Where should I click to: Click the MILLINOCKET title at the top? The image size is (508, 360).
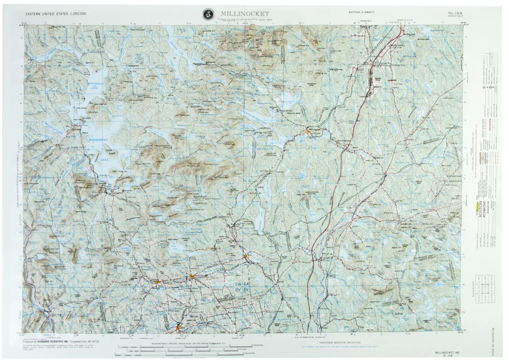click(245, 14)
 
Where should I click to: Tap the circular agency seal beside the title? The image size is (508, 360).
click(208, 14)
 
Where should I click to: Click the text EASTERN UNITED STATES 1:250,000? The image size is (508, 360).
click(56, 14)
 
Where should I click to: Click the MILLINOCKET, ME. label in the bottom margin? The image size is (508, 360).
click(447, 353)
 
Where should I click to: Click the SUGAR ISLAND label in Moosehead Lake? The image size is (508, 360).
click(108, 149)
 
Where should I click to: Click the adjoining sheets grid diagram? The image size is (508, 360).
click(484, 289)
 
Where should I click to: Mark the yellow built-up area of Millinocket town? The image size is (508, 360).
click(308, 131)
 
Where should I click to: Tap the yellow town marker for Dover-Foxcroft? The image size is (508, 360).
click(192, 277)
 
